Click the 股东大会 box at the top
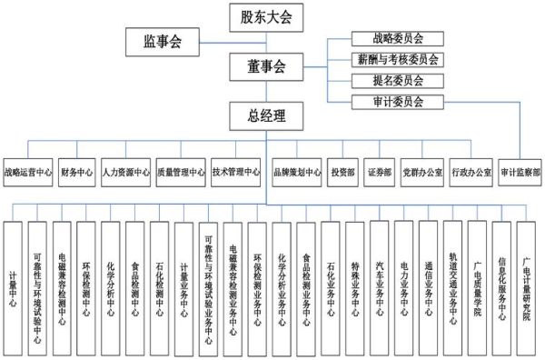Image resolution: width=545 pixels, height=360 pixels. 266,15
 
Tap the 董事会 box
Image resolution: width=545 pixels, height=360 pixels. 266,65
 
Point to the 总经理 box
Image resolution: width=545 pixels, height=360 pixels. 266,115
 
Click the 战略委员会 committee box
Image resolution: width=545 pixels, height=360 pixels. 397,39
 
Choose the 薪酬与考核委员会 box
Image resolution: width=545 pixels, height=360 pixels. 397,60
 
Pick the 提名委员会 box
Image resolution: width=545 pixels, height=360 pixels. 397,80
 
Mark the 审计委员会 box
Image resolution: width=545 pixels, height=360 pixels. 397,101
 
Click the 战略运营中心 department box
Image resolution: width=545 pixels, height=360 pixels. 27,171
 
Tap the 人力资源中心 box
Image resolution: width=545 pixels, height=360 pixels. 126,171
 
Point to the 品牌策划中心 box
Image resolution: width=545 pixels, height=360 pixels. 297,171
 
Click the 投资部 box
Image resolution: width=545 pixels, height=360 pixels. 343,171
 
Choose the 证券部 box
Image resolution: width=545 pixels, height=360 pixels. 379,171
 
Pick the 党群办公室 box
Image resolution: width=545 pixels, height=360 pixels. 421,171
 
